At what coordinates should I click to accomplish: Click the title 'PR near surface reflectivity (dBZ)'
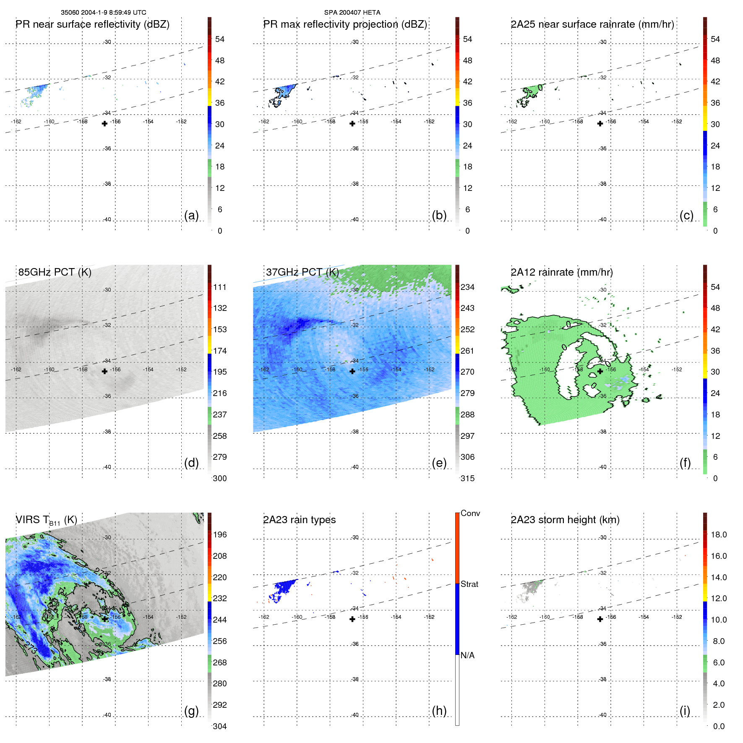pyautogui.click(x=92, y=24)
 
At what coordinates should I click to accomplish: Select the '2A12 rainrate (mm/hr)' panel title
pyautogui.click(x=562, y=272)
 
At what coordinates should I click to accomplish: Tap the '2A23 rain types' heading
pyautogui.click(x=299, y=520)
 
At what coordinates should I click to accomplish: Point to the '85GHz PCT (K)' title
pyautogui.click(x=55, y=272)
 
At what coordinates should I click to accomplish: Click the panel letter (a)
pyautogui.click(x=191, y=215)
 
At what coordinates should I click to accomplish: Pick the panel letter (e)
pyautogui.click(x=439, y=463)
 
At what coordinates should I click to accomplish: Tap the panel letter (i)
pyautogui.click(x=685, y=711)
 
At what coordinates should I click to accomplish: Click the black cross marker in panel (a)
pyautogui.click(x=104, y=123)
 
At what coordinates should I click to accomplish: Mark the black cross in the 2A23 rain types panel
pyautogui.click(x=352, y=619)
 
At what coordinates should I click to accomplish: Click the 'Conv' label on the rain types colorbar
pyautogui.click(x=470, y=513)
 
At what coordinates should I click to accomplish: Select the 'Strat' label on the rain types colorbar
pyautogui.click(x=469, y=584)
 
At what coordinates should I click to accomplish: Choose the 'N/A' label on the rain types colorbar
pyautogui.click(x=467, y=655)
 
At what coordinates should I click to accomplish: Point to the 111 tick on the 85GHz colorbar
pyautogui.click(x=220, y=287)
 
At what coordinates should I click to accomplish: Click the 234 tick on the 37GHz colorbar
pyautogui.click(x=467, y=287)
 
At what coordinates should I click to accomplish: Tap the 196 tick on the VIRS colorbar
pyautogui.click(x=220, y=534)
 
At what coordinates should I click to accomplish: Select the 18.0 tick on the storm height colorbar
pyautogui.click(x=719, y=534)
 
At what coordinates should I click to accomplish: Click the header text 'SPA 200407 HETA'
pyautogui.click(x=352, y=13)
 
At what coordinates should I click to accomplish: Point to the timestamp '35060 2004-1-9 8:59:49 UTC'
pyautogui.click(x=103, y=13)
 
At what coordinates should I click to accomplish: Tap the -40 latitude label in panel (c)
pyautogui.click(x=602, y=219)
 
